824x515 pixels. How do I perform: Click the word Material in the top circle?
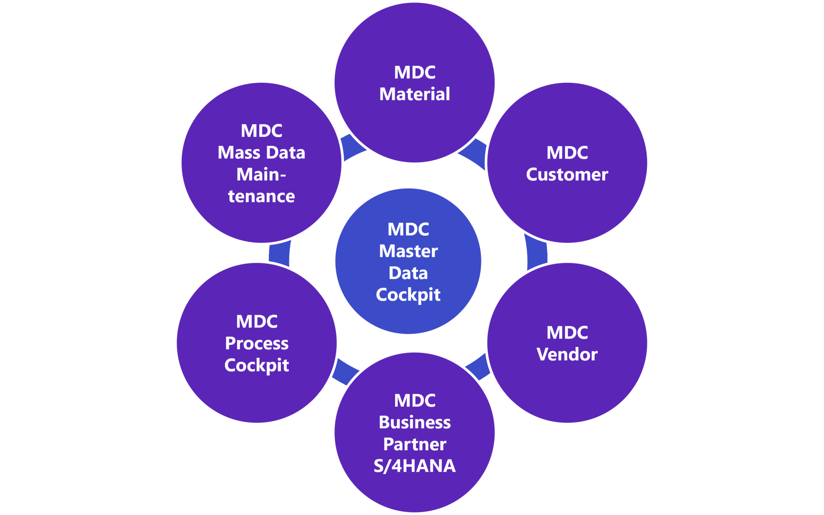(x=414, y=94)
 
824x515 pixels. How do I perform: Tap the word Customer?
(x=567, y=174)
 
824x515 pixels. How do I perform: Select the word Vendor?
(x=567, y=354)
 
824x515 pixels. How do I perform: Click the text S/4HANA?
(x=414, y=466)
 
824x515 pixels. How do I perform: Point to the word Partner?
(x=414, y=444)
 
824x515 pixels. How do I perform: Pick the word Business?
(x=414, y=422)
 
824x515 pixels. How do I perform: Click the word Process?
(x=256, y=343)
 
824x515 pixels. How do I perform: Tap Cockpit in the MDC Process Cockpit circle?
(x=256, y=365)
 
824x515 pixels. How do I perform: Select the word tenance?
(x=261, y=196)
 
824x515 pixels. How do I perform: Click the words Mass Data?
(x=261, y=152)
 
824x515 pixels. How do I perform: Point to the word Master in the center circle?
(x=408, y=251)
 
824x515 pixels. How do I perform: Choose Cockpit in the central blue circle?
(x=408, y=295)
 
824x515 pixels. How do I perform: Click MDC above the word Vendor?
(x=567, y=332)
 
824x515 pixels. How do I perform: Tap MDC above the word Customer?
(x=567, y=152)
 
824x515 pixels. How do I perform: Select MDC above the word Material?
(x=414, y=72)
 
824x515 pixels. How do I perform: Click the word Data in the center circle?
(x=408, y=273)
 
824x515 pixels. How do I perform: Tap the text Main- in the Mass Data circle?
(x=261, y=174)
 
